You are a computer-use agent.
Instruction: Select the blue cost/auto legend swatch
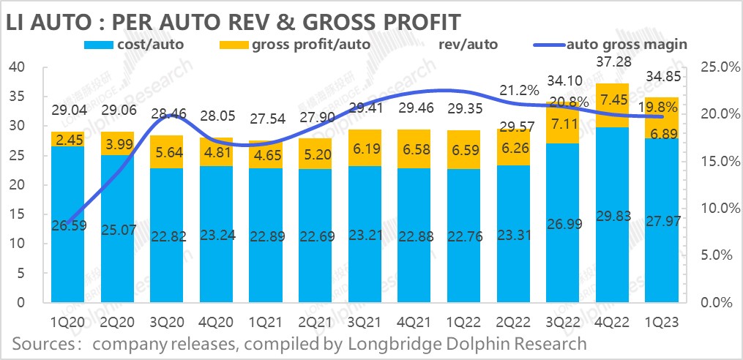[102, 45]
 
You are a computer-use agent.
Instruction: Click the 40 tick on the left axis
[17, 67]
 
